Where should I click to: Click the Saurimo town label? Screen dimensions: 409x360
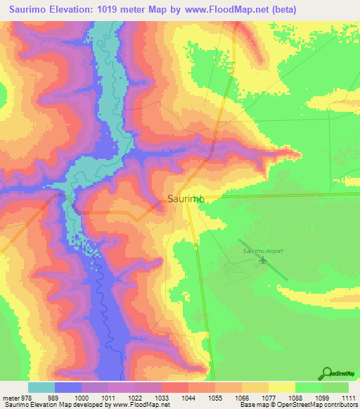tap(186, 199)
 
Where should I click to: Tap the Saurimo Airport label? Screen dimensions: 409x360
tap(262, 251)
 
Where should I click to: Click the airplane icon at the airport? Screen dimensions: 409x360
tap(263, 261)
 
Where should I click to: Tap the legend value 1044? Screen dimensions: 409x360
tap(189, 398)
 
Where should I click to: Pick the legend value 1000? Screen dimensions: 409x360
tap(82, 398)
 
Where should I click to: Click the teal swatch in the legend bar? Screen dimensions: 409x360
tap(41, 387)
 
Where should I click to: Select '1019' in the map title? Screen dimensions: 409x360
tap(120, 10)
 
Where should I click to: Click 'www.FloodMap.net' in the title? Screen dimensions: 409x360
tap(218, 10)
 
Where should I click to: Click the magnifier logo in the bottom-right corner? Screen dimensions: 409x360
tap(326, 372)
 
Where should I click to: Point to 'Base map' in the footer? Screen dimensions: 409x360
tap(250, 405)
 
